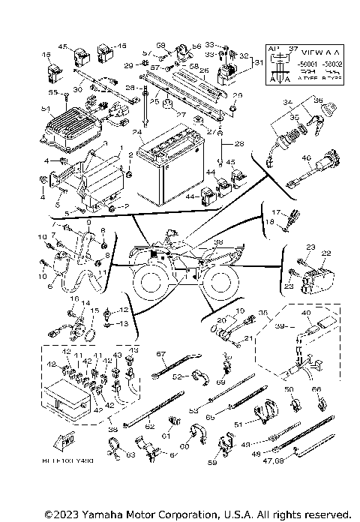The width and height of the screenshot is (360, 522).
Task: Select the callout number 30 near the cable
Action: [x=76, y=90]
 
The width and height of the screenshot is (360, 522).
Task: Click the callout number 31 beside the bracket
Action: [x=259, y=62]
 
